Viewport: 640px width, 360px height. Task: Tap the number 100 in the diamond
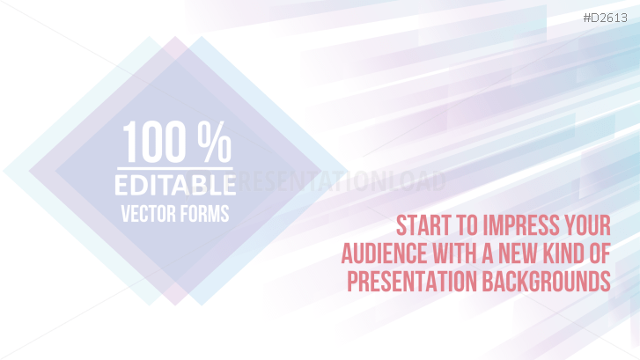pos(155,143)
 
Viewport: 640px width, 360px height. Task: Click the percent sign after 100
pos(214,143)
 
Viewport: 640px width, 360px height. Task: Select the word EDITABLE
pos(173,185)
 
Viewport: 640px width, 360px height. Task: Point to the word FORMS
pos(206,213)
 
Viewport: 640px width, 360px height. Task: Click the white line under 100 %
pos(174,168)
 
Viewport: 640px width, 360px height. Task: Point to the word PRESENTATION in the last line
pos(411,282)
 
